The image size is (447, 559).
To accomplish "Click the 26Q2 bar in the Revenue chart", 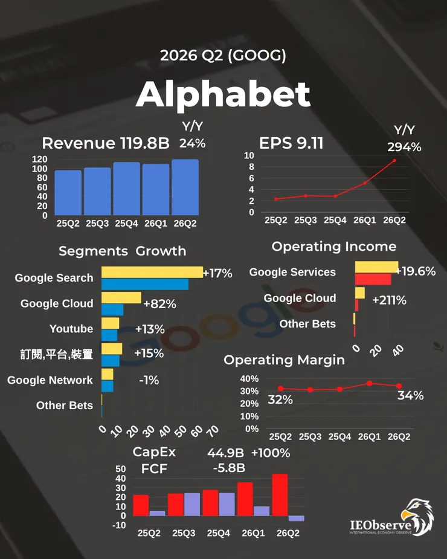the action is tap(185, 187).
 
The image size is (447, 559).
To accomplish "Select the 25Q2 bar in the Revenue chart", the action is tap(68, 193).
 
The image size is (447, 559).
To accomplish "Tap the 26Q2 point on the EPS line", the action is tap(394, 160).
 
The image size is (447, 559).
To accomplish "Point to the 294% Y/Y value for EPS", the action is tap(404, 147).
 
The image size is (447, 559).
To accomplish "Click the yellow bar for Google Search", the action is tap(152, 273).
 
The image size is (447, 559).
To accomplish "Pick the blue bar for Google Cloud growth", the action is tap(112, 310).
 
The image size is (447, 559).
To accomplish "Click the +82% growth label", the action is tap(159, 304).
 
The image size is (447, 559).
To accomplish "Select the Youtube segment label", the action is tap(71, 328).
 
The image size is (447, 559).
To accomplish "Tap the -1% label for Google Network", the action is tap(149, 380).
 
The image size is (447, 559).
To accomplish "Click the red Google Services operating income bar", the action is tap(373, 279).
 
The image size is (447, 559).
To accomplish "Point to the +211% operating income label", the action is tap(389, 300).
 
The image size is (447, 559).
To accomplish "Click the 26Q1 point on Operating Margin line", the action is tap(369, 383).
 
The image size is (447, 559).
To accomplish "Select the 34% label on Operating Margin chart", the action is tap(411, 395).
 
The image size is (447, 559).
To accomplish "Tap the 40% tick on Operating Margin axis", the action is tap(249, 378).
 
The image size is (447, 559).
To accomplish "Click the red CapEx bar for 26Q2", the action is tap(280, 495).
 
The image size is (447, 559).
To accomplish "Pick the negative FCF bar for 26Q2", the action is tap(296, 519).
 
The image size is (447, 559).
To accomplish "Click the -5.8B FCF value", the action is tap(229, 468).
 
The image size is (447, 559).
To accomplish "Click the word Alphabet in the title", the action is tap(223, 94).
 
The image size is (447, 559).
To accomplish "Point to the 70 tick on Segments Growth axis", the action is tap(213, 431).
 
